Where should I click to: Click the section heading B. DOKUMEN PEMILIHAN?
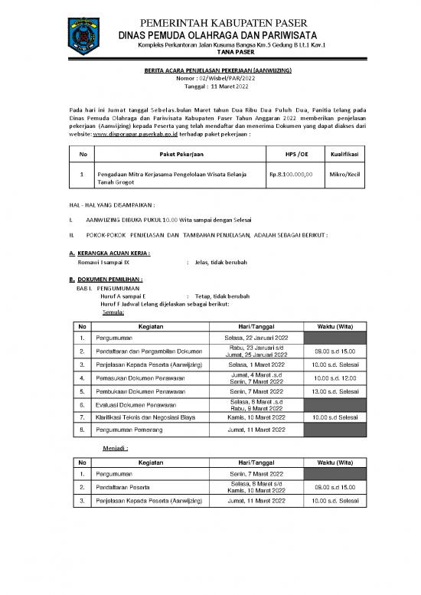[106, 280]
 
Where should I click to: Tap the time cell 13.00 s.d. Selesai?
[342, 391]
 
